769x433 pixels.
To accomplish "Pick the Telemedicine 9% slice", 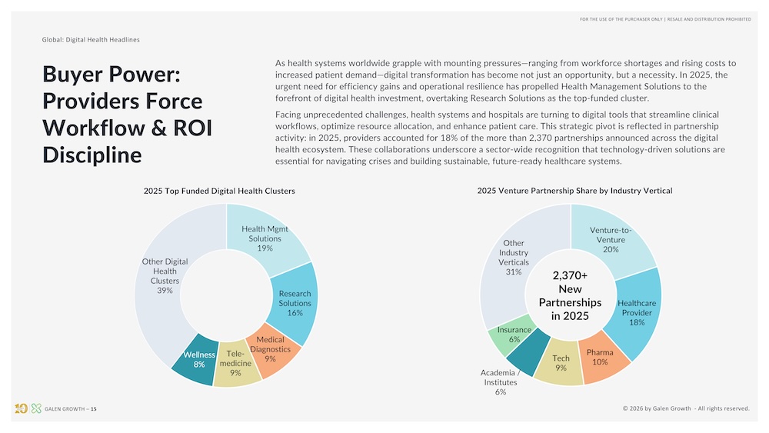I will (x=235, y=363).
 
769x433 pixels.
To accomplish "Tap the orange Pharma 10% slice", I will (x=600, y=357).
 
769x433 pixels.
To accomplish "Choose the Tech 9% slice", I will (x=561, y=363).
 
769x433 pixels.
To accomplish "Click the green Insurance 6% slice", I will (x=514, y=335).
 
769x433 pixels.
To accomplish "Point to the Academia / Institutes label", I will (x=501, y=382).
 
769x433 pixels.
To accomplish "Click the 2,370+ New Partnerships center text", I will (x=570, y=295).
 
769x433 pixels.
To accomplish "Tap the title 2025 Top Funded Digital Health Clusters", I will (x=219, y=191).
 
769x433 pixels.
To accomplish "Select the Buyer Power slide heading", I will (x=127, y=114).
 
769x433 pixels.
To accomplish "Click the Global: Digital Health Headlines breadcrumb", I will (x=91, y=39).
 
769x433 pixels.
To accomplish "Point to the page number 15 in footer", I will (x=94, y=408).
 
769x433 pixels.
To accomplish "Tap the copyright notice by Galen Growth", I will (x=685, y=408).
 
